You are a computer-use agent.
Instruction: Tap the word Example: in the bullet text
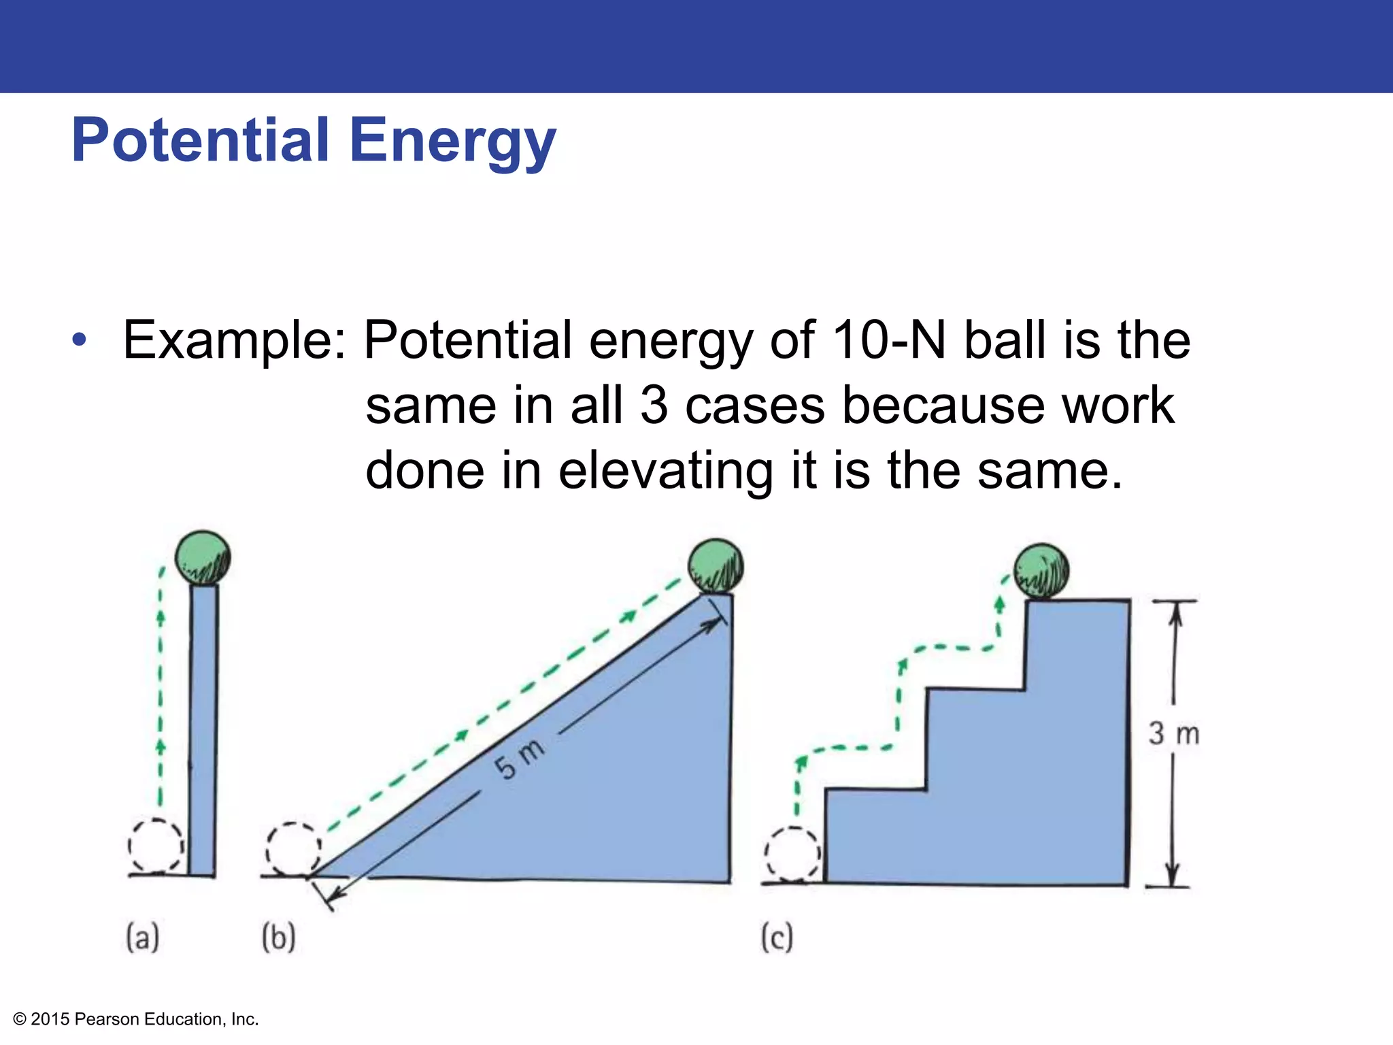pyautogui.click(x=234, y=340)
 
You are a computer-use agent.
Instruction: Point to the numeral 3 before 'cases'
pyautogui.click(x=654, y=405)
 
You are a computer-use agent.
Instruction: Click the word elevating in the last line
pyautogui.click(x=666, y=471)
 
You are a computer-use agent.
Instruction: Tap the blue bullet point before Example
pyautogui.click(x=80, y=340)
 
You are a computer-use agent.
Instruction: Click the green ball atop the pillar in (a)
pyautogui.click(x=203, y=557)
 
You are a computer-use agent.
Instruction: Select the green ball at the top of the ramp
pyautogui.click(x=716, y=566)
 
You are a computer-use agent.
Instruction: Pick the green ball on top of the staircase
pyautogui.click(x=1041, y=571)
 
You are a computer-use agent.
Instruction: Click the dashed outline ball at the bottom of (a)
pyautogui.click(x=156, y=846)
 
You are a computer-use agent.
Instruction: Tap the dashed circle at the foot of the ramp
pyautogui.click(x=293, y=849)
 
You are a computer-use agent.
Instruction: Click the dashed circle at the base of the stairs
pyautogui.click(x=792, y=853)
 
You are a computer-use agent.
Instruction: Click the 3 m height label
pyautogui.click(x=1174, y=734)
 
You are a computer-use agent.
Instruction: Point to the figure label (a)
pyautogui.click(x=143, y=937)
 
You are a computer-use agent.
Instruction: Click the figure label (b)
pyautogui.click(x=279, y=937)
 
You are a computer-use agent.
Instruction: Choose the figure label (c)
pyautogui.click(x=777, y=938)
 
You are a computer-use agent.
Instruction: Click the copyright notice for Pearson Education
pyautogui.click(x=136, y=1019)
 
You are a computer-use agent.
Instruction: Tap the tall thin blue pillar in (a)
pyautogui.click(x=203, y=728)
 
